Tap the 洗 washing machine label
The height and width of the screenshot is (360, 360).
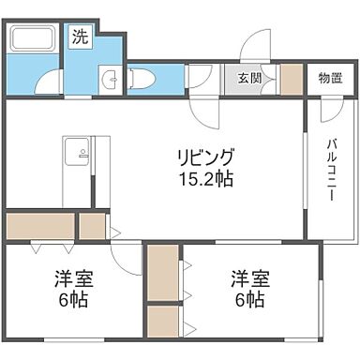[82, 38]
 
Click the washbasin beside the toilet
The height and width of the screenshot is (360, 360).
[110, 78]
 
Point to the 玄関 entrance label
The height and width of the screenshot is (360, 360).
[249, 77]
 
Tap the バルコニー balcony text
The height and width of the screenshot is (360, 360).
[333, 173]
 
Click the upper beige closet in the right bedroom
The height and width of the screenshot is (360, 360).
[162, 273]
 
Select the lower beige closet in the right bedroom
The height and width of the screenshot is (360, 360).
[162, 321]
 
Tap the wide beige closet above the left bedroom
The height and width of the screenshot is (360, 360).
[40, 226]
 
